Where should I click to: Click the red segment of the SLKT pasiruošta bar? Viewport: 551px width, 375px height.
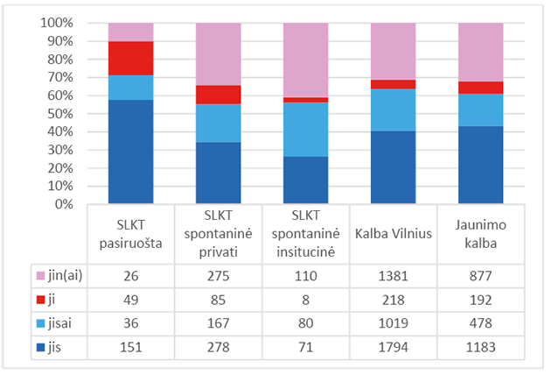pyautogui.click(x=131, y=58)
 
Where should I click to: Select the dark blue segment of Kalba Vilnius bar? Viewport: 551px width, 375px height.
pyautogui.click(x=393, y=167)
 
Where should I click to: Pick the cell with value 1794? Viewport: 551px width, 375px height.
pyautogui.click(x=393, y=345)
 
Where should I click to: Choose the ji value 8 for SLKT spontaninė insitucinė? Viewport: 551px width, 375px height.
pyautogui.click(x=305, y=298)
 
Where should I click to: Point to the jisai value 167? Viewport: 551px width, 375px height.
pyautogui.click(x=218, y=322)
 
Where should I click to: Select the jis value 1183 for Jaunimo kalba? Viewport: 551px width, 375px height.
pyautogui.click(x=480, y=345)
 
